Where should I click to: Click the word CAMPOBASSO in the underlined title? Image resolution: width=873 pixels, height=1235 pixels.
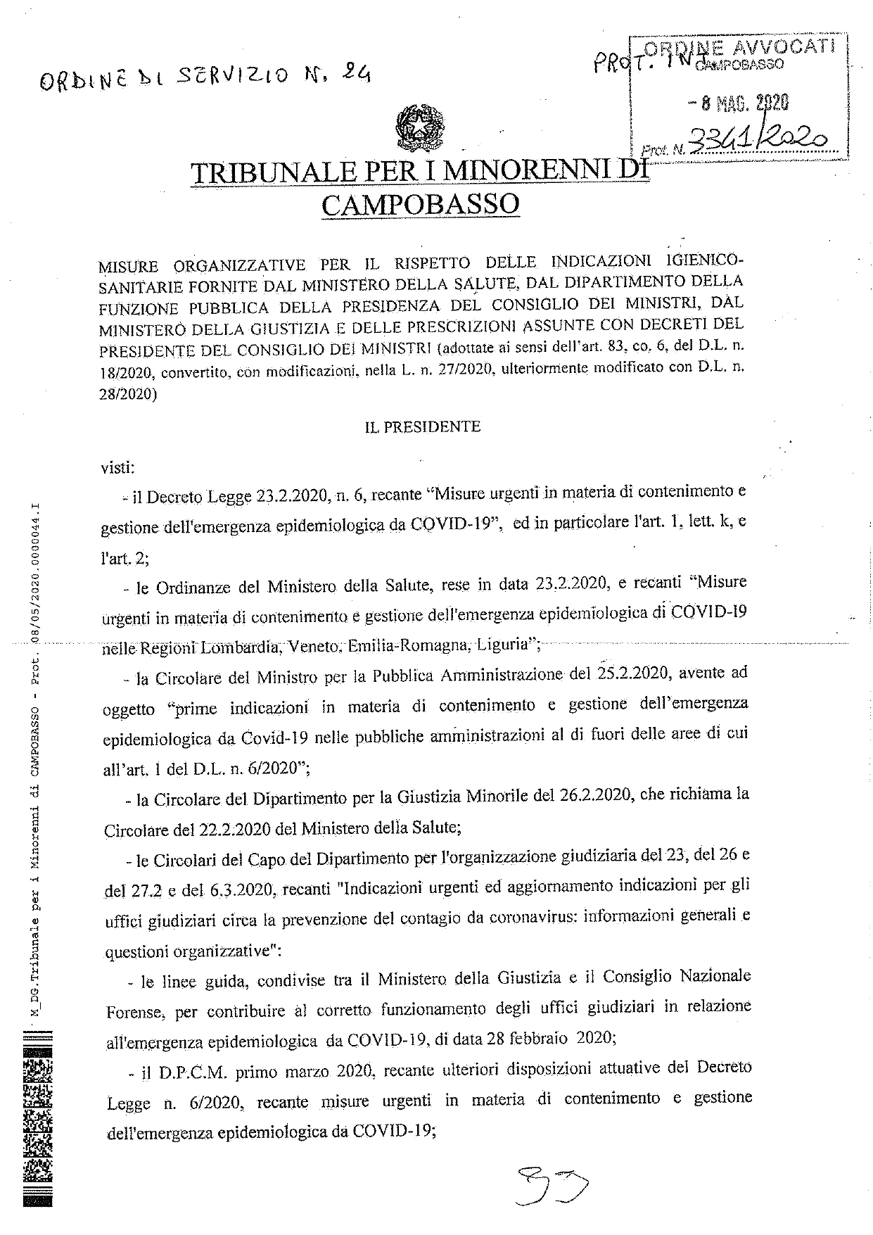pos(420,204)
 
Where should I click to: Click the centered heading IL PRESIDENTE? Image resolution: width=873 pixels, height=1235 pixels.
pos(422,426)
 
